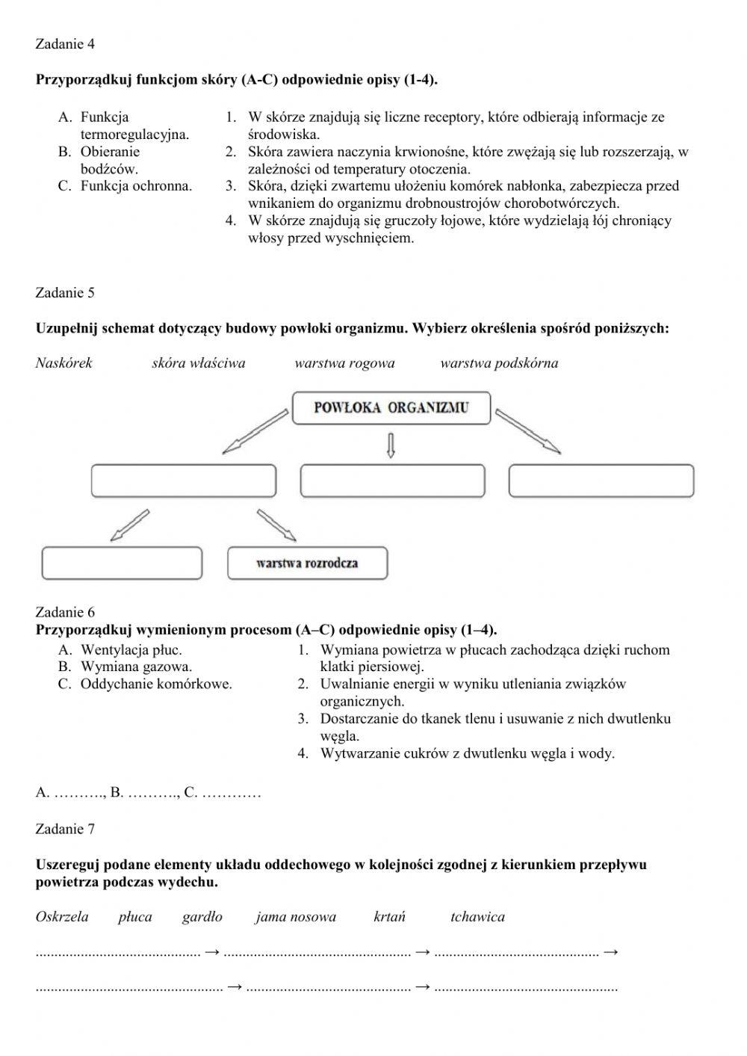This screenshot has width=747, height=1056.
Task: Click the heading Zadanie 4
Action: (65, 44)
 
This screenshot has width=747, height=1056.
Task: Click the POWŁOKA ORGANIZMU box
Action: (391, 408)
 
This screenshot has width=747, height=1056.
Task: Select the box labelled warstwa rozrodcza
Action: (307, 563)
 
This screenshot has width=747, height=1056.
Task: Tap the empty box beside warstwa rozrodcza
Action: (122, 563)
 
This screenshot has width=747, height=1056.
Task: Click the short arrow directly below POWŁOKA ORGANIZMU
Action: (391, 445)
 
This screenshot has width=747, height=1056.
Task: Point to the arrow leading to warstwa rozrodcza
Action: (276, 525)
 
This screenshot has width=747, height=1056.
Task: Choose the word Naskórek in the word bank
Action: (64, 363)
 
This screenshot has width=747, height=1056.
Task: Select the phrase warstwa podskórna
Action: (499, 363)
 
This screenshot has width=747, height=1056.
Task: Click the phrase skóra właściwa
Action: (198, 363)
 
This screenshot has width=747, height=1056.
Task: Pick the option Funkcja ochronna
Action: (136, 186)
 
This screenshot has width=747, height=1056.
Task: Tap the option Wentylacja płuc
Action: (131, 650)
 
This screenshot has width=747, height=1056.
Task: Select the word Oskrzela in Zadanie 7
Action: (62, 917)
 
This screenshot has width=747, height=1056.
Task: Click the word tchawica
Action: (477, 917)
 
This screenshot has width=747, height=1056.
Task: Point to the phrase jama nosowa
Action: (295, 917)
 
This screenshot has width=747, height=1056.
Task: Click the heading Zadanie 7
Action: (65, 829)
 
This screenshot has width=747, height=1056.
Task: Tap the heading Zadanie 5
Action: (65, 293)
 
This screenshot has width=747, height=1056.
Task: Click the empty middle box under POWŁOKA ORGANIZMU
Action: (392, 481)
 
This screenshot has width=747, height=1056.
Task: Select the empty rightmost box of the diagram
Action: (601, 481)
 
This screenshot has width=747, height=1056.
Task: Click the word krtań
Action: (389, 917)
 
